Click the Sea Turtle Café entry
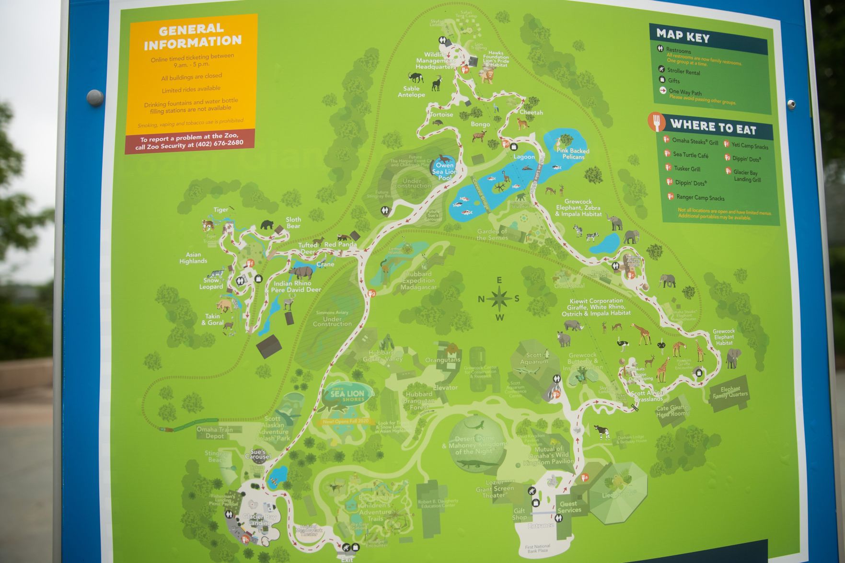click(x=690, y=155)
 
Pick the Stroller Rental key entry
click(x=683, y=72)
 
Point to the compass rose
click(x=499, y=299)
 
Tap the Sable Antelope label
click(x=411, y=92)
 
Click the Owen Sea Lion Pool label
click(x=444, y=172)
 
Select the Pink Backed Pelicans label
click(x=573, y=154)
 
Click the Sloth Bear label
click(x=293, y=223)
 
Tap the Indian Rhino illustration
click(x=301, y=272)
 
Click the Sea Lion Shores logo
click(x=347, y=394)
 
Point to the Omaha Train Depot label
click(x=214, y=433)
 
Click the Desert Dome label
click(x=475, y=445)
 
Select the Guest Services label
click(x=569, y=507)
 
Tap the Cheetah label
click(x=531, y=113)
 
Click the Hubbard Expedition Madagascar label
click(x=418, y=280)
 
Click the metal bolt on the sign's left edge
click(x=94, y=97)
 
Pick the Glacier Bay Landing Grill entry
click(x=746, y=176)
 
